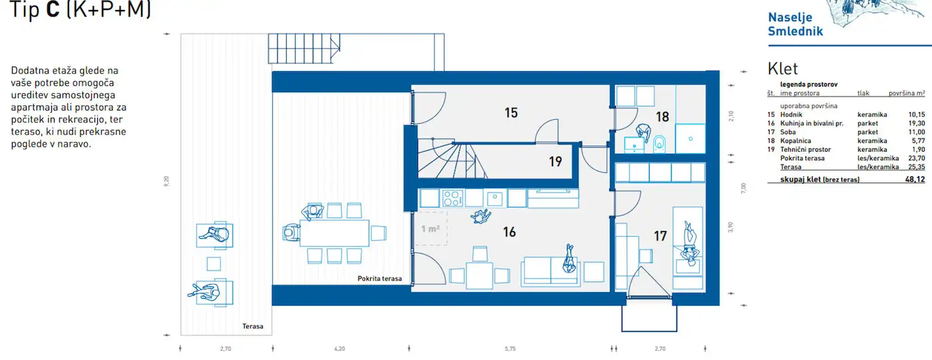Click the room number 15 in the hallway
point(511,112)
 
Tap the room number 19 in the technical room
point(555,161)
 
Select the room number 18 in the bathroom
point(662,117)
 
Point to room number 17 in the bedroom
point(660,236)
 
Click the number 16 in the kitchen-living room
point(509,232)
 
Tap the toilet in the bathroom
point(659,144)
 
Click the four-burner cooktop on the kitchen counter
point(452,198)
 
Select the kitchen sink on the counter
point(495,199)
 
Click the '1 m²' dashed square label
point(430,229)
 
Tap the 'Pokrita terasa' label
point(379,279)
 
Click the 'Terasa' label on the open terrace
point(252,326)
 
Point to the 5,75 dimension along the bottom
point(510,349)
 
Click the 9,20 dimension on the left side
point(166,182)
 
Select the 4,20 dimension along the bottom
point(340,349)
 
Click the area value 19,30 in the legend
point(917,124)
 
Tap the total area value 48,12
point(915,180)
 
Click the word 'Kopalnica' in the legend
point(796,141)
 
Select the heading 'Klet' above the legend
point(783,69)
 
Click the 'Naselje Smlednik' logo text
point(795,24)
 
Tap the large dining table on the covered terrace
point(334,233)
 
